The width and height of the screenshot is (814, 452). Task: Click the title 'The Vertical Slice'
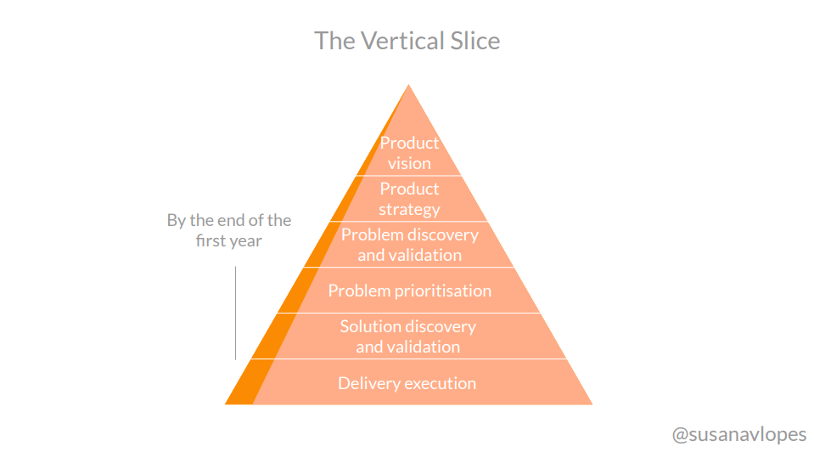click(407, 41)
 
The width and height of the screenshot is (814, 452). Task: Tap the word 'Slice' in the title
click(471, 41)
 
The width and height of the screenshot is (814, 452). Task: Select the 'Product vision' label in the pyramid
click(409, 153)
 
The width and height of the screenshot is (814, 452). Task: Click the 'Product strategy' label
click(409, 199)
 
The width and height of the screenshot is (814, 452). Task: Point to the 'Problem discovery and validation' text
click(409, 245)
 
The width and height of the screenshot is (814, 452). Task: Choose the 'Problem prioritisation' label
click(409, 291)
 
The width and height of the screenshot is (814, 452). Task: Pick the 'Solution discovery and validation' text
click(408, 336)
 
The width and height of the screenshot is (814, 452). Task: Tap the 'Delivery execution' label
click(407, 383)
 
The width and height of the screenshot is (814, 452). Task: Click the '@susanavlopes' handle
click(739, 434)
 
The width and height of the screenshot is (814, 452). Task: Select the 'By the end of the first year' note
click(228, 230)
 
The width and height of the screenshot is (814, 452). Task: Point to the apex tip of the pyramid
click(409, 86)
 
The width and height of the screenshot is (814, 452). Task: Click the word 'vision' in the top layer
click(409, 163)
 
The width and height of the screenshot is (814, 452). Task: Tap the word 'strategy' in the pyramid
click(409, 209)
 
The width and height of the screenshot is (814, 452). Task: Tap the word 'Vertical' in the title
click(396, 41)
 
